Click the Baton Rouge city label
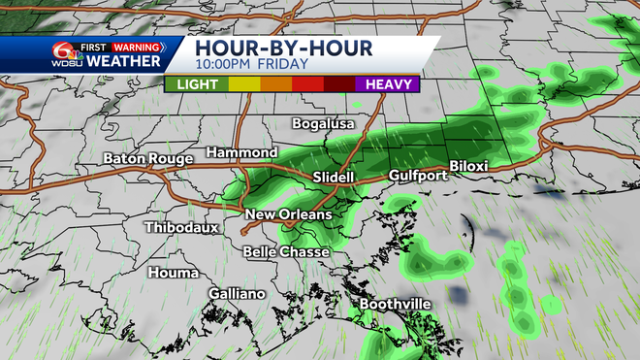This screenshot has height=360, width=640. tap(149, 157)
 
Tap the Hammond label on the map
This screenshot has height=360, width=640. tap(241, 153)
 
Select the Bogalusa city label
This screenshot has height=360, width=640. tap(325, 124)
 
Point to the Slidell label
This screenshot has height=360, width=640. tap(336, 178)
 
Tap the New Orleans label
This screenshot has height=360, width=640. tap(288, 214)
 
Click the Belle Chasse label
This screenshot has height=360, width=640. tap(286, 251)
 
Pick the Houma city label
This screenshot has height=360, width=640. tap(174, 273)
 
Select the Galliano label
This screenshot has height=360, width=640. tap(237, 293)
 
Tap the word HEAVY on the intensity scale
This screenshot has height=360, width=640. tap(387, 83)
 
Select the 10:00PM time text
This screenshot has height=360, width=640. tap(227, 65)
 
